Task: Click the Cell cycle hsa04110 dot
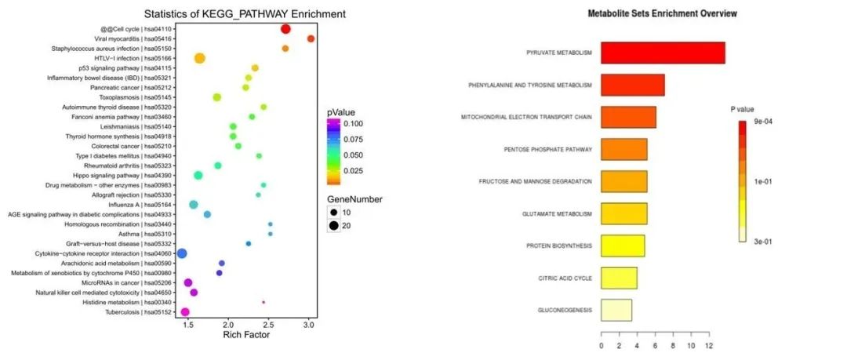tap(285, 29)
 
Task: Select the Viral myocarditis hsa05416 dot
tap(311, 38)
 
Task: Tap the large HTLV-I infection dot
tap(199, 58)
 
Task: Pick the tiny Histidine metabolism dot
tap(264, 302)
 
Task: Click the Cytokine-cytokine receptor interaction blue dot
tap(182, 253)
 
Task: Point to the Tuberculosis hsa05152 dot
tap(185, 312)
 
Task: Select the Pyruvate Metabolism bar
tap(663, 53)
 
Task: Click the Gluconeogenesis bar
tap(616, 311)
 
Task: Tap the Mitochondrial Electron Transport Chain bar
tap(628, 117)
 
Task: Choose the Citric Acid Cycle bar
tap(619, 278)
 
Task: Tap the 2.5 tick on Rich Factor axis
tap(268, 324)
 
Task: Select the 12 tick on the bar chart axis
tap(709, 345)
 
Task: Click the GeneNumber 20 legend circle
tap(335, 226)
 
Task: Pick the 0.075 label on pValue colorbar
tap(352, 140)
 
